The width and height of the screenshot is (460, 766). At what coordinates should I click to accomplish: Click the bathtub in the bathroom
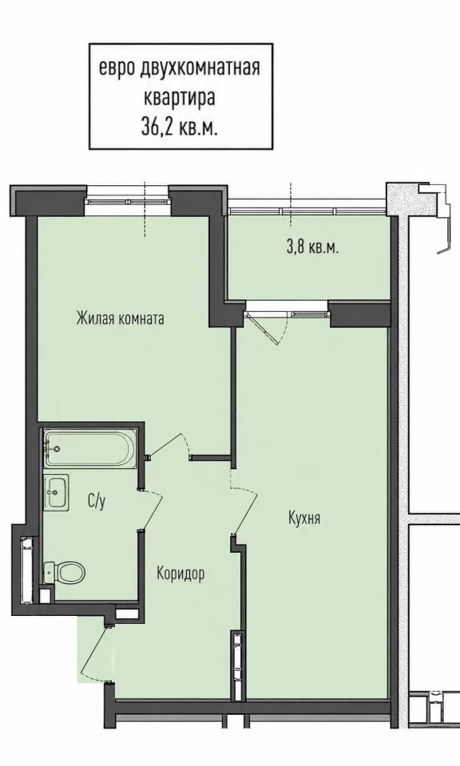coord(89,448)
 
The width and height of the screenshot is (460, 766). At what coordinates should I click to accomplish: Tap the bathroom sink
coord(56,492)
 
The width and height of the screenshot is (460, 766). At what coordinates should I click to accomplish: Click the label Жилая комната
coord(121,318)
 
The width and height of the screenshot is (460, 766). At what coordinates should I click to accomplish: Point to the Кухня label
coord(304,518)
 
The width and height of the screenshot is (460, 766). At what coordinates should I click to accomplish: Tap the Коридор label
coord(180,573)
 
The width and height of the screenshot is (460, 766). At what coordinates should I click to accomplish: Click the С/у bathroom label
coord(97,501)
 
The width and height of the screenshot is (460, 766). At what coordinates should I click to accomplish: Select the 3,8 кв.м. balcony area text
coord(313,247)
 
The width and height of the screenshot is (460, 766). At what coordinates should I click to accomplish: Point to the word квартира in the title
coord(180,97)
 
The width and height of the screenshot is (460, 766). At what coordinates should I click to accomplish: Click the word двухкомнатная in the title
coord(200,68)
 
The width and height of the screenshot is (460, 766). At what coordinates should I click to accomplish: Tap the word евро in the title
coord(117,69)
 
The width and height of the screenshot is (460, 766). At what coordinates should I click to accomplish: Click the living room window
coord(128,201)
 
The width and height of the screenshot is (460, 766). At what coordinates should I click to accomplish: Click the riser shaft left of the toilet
coord(28,570)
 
